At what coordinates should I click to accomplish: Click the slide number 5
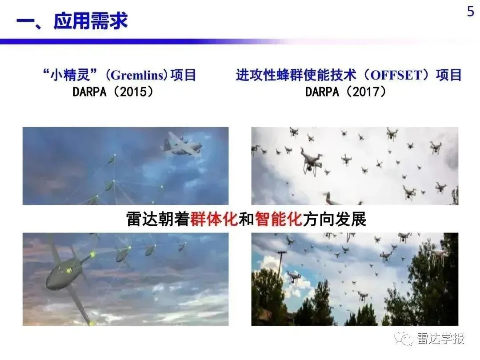pyautogui.click(x=471, y=12)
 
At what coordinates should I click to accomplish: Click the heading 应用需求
pyautogui.click(x=91, y=21)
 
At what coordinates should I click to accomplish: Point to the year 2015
pyautogui.click(x=133, y=92)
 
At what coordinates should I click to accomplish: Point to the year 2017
pyautogui.click(x=366, y=92)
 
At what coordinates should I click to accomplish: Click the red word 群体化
pyautogui.click(x=214, y=219)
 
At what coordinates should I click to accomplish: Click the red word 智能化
pyautogui.click(x=279, y=219)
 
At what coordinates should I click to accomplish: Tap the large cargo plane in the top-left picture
pyautogui.click(x=181, y=144)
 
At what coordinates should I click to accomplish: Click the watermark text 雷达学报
pyautogui.click(x=440, y=338)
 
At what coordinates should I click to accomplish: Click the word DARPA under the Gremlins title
pyautogui.click(x=89, y=92)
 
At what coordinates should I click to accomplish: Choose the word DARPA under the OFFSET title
pyautogui.click(x=322, y=92)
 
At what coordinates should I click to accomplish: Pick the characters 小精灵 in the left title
pyautogui.click(x=70, y=75)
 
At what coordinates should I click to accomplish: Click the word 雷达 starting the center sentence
pyautogui.click(x=142, y=219)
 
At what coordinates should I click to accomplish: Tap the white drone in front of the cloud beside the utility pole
pyautogui.click(x=293, y=277)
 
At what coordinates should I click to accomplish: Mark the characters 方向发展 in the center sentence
pyautogui.click(x=334, y=219)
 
